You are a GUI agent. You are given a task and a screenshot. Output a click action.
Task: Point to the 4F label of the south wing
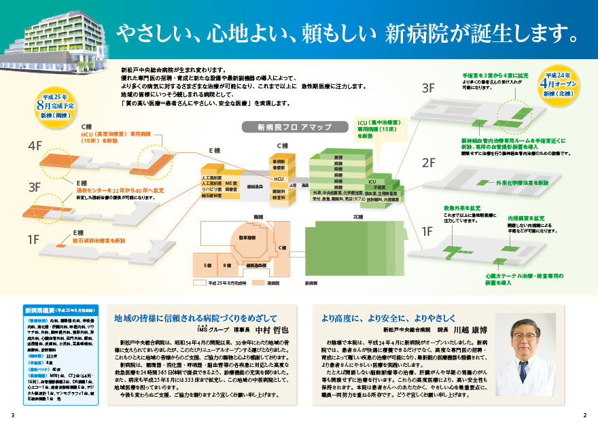(x=35, y=146)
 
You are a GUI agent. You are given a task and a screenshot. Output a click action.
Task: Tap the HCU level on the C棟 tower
(x=278, y=178)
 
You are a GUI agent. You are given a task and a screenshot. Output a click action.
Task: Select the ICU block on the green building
(x=372, y=181)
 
